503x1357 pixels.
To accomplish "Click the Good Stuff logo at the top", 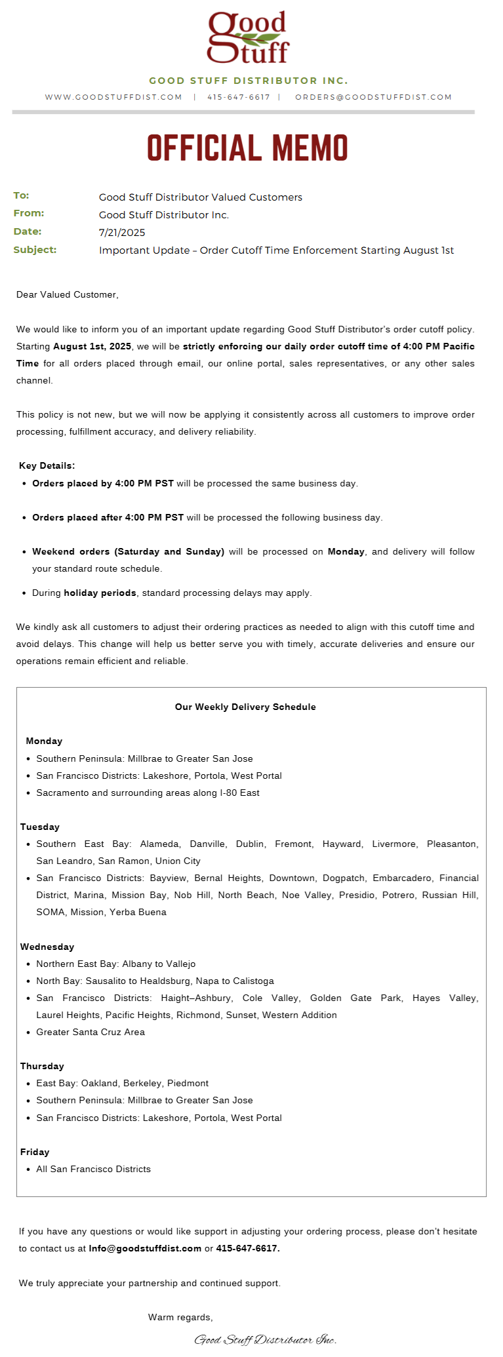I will (x=248, y=37).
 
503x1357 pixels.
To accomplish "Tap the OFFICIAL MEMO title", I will (x=247, y=148).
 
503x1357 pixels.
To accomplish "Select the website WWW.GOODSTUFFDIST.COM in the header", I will (x=113, y=97).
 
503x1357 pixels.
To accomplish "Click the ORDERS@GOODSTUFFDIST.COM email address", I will (x=373, y=97).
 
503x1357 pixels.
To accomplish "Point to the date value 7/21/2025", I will (x=122, y=233).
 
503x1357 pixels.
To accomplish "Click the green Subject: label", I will (x=35, y=250).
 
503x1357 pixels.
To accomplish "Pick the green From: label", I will (x=29, y=213).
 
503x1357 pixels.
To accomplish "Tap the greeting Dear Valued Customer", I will (x=67, y=295).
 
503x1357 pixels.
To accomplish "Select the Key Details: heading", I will (x=47, y=466).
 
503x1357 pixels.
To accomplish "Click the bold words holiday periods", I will (x=100, y=593).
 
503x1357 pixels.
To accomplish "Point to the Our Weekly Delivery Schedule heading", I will (x=245, y=707).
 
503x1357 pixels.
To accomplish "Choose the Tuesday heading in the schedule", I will (x=40, y=827).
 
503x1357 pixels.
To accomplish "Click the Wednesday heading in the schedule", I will (x=47, y=947).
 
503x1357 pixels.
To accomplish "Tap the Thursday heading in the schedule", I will (x=42, y=1067).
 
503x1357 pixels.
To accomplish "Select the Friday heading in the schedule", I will (x=35, y=1152).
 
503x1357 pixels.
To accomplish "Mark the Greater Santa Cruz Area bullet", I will (x=91, y=1032).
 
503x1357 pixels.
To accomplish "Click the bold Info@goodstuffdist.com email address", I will (x=145, y=1249).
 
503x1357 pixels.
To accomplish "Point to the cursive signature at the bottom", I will (x=266, y=1340).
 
